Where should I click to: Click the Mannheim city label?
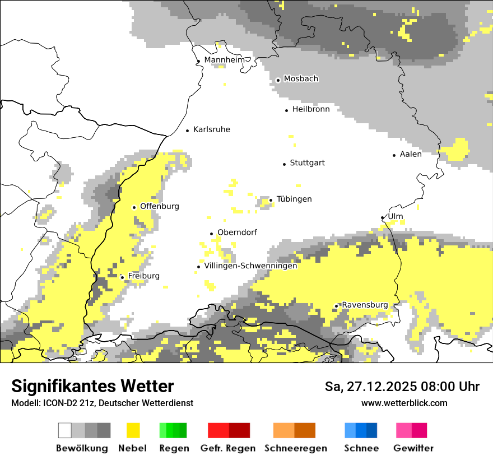[224, 60]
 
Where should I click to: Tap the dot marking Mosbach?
[278, 80]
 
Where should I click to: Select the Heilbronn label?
[311, 109]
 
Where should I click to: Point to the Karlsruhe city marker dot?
[188, 131]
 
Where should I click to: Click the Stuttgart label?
[307, 163]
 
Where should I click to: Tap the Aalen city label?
[411, 154]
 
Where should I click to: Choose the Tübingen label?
[294, 199]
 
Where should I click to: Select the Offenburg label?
[160, 206]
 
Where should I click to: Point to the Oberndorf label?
[237, 232]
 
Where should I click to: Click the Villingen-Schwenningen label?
[250, 266]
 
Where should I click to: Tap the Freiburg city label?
[143, 276]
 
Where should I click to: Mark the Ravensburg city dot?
[336, 306]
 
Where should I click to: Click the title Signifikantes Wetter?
[92, 386]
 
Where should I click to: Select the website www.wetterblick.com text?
[404, 403]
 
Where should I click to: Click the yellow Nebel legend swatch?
[133, 430]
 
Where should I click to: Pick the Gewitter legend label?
[413, 448]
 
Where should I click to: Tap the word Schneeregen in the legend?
[296, 448]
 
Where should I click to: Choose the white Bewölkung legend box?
[64, 430]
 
